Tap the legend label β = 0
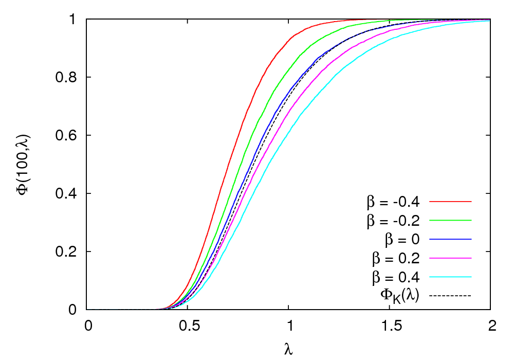[x=402, y=240]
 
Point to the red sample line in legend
[x=451, y=202]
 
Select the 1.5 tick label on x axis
[x=389, y=326]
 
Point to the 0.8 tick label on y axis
[x=68, y=78]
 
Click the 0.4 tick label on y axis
[x=68, y=194]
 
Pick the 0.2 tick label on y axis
[x=68, y=252]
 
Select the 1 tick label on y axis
[x=75, y=20]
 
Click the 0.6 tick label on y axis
[x=68, y=136]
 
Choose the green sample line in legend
[x=451, y=221]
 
